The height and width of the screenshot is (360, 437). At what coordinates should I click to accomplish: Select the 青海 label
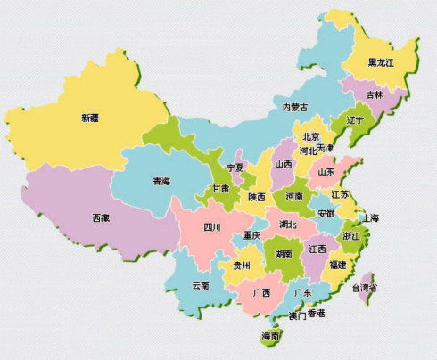click(x=161, y=181)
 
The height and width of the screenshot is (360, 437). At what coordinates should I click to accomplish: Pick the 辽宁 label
click(x=354, y=119)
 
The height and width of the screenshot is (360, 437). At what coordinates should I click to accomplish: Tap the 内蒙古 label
click(x=295, y=107)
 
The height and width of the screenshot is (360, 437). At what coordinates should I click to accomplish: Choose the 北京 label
click(x=310, y=137)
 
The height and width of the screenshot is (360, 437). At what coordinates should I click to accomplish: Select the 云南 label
click(x=201, y=286)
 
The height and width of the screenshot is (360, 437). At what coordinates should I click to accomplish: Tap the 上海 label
click(x=370, y=218)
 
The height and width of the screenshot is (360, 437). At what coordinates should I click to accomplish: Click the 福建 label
click(x=338, y=265)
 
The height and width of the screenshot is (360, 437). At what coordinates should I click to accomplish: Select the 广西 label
click(x=261, y=292)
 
